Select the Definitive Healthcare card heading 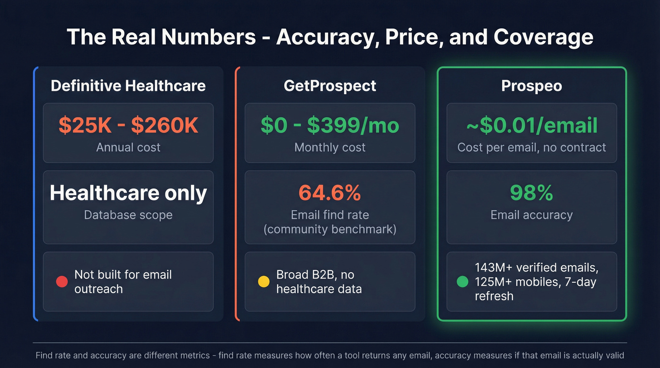coord(128,86)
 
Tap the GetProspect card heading coord(330,86)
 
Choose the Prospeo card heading coord(531,86)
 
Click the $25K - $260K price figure coord(128,125)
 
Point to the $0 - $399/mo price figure coord(330,125)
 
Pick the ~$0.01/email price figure coord(531,125)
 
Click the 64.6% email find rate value coord(330,193)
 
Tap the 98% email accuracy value coord(531,193)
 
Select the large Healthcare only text coord(128,193)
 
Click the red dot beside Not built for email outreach coord(62,282)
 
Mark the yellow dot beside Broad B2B coord(264,282)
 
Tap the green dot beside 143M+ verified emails coord(462,282)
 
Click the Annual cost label coord(128,147)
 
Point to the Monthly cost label coord(330,147)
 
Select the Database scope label coord(128,215)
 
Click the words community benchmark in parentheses coord(330,229)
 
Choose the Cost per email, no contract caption coord(531,147)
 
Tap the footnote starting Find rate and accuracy coord(330,355)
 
